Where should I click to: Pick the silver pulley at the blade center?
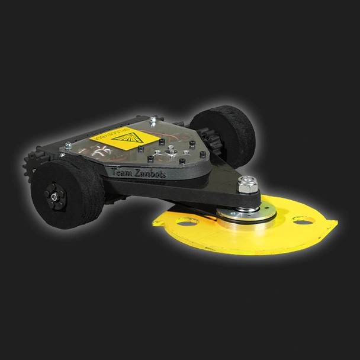[246, 216]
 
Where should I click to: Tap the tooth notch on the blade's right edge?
[332, 224]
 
